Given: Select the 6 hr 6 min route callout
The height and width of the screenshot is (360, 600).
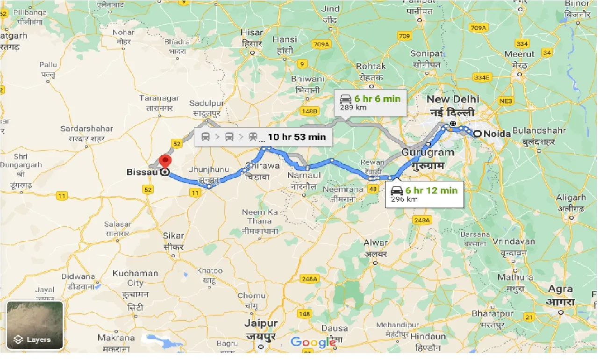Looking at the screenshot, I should point(370,102).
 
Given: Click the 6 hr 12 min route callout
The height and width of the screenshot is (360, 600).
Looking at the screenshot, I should point(424,194).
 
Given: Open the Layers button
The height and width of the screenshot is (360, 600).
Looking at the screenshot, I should point(35,326).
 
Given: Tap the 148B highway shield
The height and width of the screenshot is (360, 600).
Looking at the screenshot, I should point(309,111).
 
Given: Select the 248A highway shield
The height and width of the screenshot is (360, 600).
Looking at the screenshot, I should point(422,220).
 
